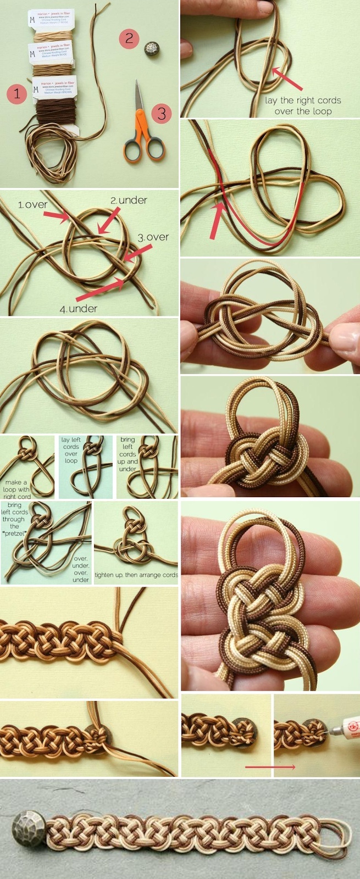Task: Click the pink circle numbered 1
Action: coord(17,94)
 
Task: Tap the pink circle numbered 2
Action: coord(129,38)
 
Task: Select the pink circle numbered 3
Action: coord(162,113)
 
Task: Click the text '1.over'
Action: coord(33,205)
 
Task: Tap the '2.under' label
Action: coord(129,201)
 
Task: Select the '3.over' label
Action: coord(153,237)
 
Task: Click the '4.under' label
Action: coord(79,309)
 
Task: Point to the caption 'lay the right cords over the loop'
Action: coord(303,105)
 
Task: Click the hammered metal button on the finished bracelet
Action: coord(26,826)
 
